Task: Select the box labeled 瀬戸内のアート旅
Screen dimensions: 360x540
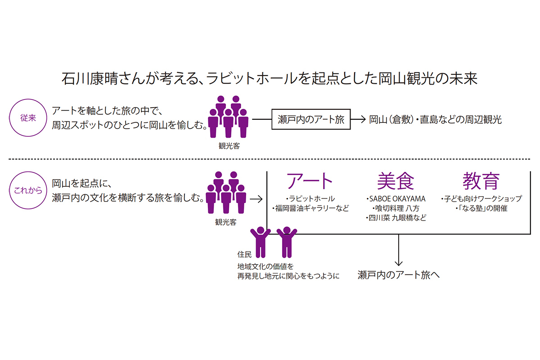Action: click(x=311, y=120)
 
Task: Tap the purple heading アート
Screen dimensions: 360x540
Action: click(x=310, y=181)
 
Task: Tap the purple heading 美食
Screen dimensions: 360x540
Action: click(x=396, y=181)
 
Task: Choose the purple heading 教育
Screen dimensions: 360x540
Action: click(x=481, y=181)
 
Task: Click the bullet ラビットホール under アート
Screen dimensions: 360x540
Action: click(x=310, y=198)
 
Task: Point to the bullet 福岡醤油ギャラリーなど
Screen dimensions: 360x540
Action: click(x=310, y=208)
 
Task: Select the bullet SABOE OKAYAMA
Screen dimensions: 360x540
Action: click(x=396, y=198)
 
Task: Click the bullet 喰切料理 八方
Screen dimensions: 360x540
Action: click(x=396, y=208)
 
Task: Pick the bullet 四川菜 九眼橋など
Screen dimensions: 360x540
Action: click(x=396, y=217)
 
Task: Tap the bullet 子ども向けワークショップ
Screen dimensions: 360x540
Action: click(x=481, y=198)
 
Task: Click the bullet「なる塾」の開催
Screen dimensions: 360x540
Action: click(x=481, y=208)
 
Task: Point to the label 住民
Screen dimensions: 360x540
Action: click(x=244, y=253)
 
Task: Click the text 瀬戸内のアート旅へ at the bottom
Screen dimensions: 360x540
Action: click(x=398, y=275)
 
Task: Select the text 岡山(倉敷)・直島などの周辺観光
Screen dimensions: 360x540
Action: click(x=435, y=120)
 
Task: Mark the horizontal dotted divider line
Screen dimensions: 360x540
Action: click(x=270, y=159)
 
